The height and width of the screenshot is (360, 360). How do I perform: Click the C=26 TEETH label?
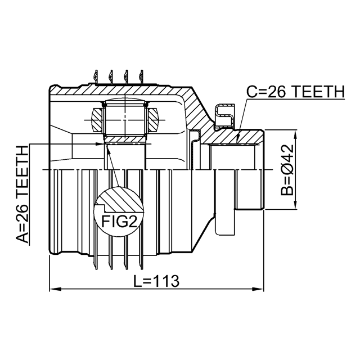tap(296, 91)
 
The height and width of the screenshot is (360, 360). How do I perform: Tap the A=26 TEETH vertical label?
tap(22, 195)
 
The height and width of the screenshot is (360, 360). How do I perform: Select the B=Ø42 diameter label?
tap(287, 170)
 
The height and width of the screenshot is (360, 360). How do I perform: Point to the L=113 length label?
tap(156, 281)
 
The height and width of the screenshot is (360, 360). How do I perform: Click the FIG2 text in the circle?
tap(119, 221)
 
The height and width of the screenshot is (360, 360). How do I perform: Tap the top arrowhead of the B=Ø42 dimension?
tap(295, 136)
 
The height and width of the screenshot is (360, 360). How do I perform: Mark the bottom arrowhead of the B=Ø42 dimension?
tap(295, 203)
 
